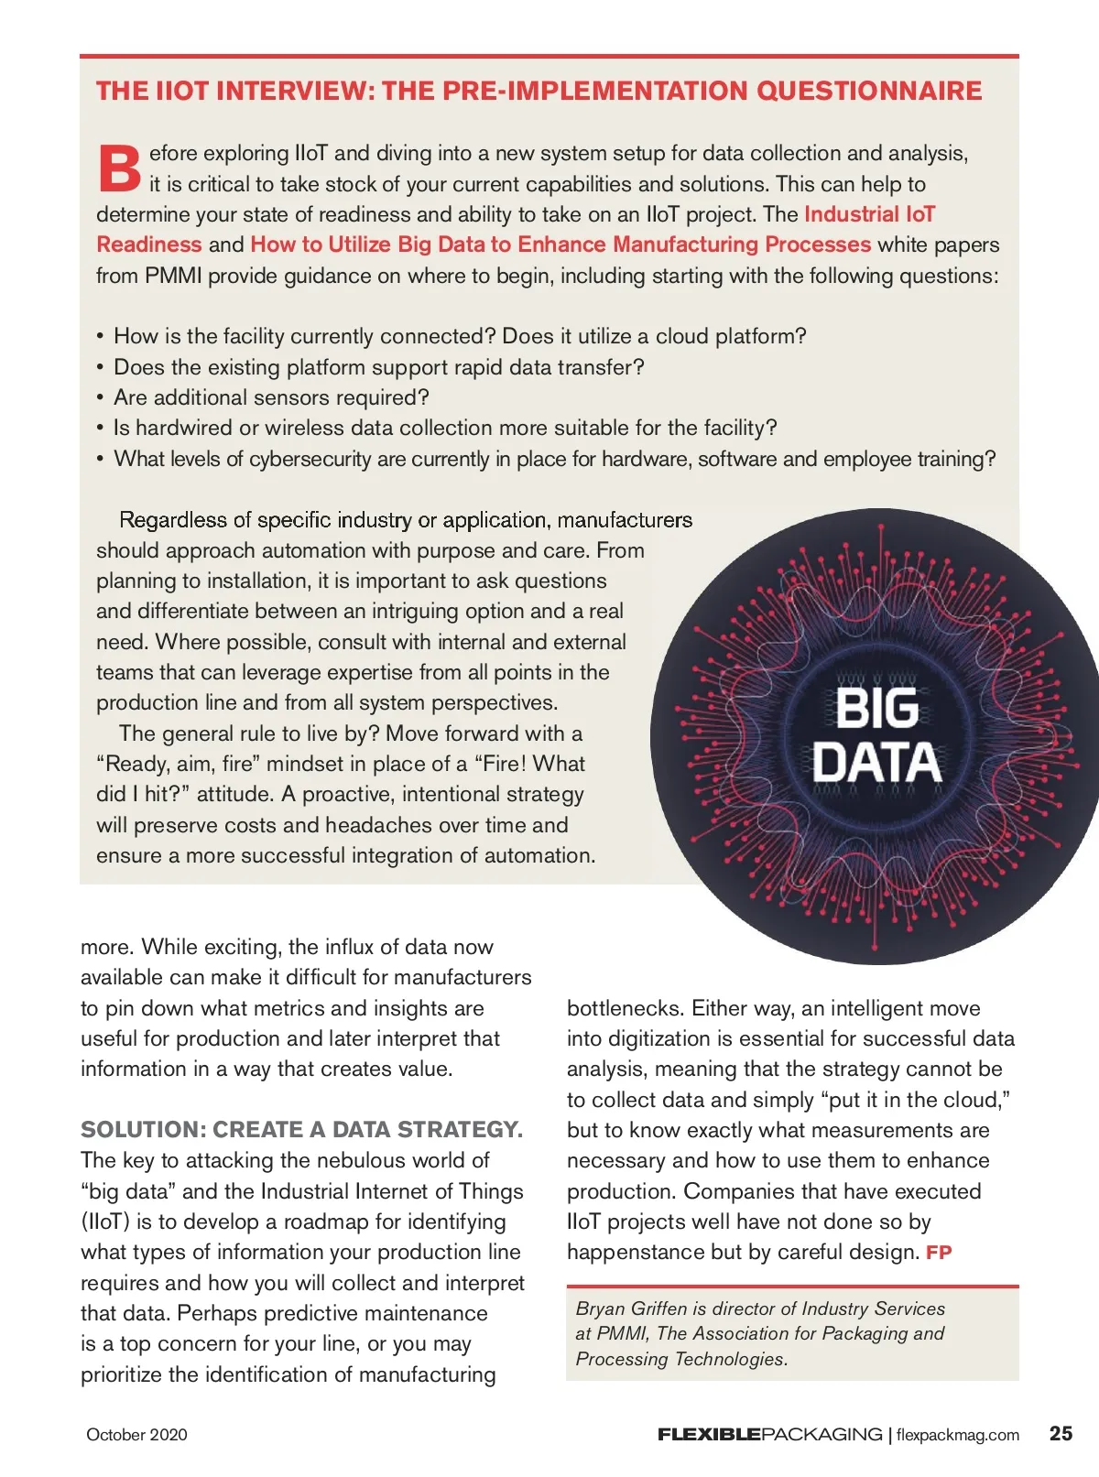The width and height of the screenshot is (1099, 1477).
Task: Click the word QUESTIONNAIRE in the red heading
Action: coord(869,91)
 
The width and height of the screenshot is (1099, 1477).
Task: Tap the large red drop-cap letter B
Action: coord(119,168)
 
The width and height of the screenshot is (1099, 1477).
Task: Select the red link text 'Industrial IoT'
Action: coord(869,214)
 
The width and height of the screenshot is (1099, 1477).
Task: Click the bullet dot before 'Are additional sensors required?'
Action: coord(100,398)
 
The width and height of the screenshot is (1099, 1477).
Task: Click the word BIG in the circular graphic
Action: coord(876,708)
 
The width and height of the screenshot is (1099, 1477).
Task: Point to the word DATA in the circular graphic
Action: coord(876,763)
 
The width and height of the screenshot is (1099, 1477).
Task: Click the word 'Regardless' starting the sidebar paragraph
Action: coord(172,520)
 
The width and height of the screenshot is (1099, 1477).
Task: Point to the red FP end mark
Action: coord(939,1253)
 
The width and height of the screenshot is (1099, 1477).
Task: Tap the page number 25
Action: coord(1061,1433)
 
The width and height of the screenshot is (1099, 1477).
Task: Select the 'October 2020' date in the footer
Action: coord(136,1435)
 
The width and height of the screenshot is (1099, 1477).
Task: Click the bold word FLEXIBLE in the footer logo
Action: coord(709,1435)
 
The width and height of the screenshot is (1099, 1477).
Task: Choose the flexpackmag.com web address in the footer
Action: coord(957,1435)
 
